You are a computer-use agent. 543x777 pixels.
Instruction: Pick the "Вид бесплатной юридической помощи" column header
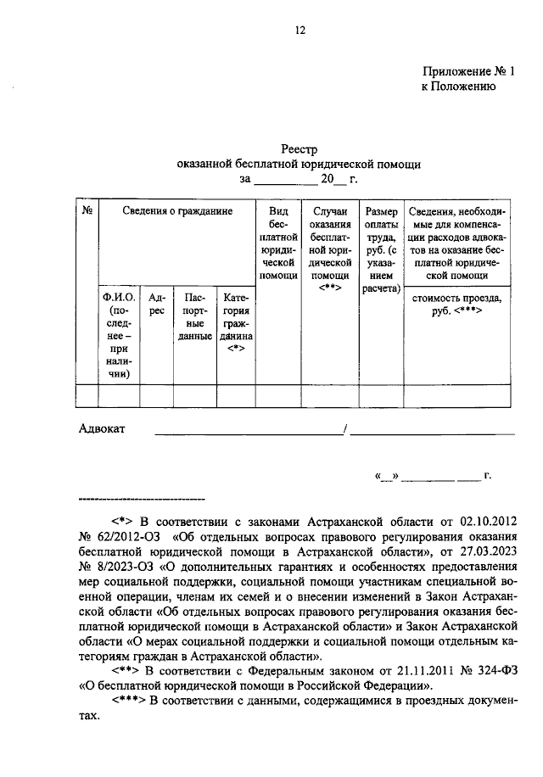[279, 242]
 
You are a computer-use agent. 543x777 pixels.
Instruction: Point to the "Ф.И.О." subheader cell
[119, 335]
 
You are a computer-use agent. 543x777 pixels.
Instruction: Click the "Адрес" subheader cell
[156, 305]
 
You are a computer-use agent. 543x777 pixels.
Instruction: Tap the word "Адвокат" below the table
[102, 429]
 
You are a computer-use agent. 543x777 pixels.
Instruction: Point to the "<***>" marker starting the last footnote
[129, 700]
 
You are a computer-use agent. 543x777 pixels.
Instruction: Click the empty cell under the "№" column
[87, 396]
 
